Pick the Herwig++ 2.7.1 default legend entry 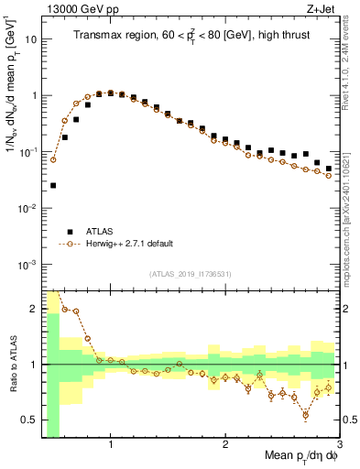(134, 244)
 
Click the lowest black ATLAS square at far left (53, 185)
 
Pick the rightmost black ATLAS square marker (329, 169)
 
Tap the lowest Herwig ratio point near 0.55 (305, 415)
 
